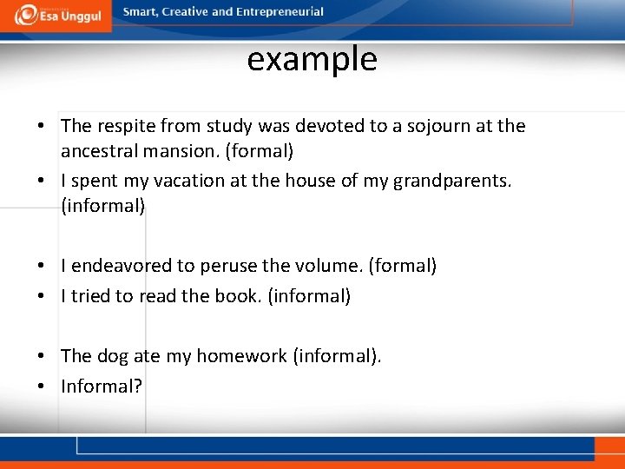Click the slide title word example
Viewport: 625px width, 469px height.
click(312, 60)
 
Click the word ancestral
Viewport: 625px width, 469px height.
click(96, 151)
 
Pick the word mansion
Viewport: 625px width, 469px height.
click(178, 151)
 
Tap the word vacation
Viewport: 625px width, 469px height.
click(175, 182)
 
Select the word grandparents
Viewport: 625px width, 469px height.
click(451, 182)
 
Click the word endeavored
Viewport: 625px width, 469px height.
click(118, 266)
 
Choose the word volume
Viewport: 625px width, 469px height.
click(330, 266)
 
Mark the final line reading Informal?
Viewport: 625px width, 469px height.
click(101, 386)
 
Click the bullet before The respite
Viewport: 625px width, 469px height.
click(42, 127)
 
